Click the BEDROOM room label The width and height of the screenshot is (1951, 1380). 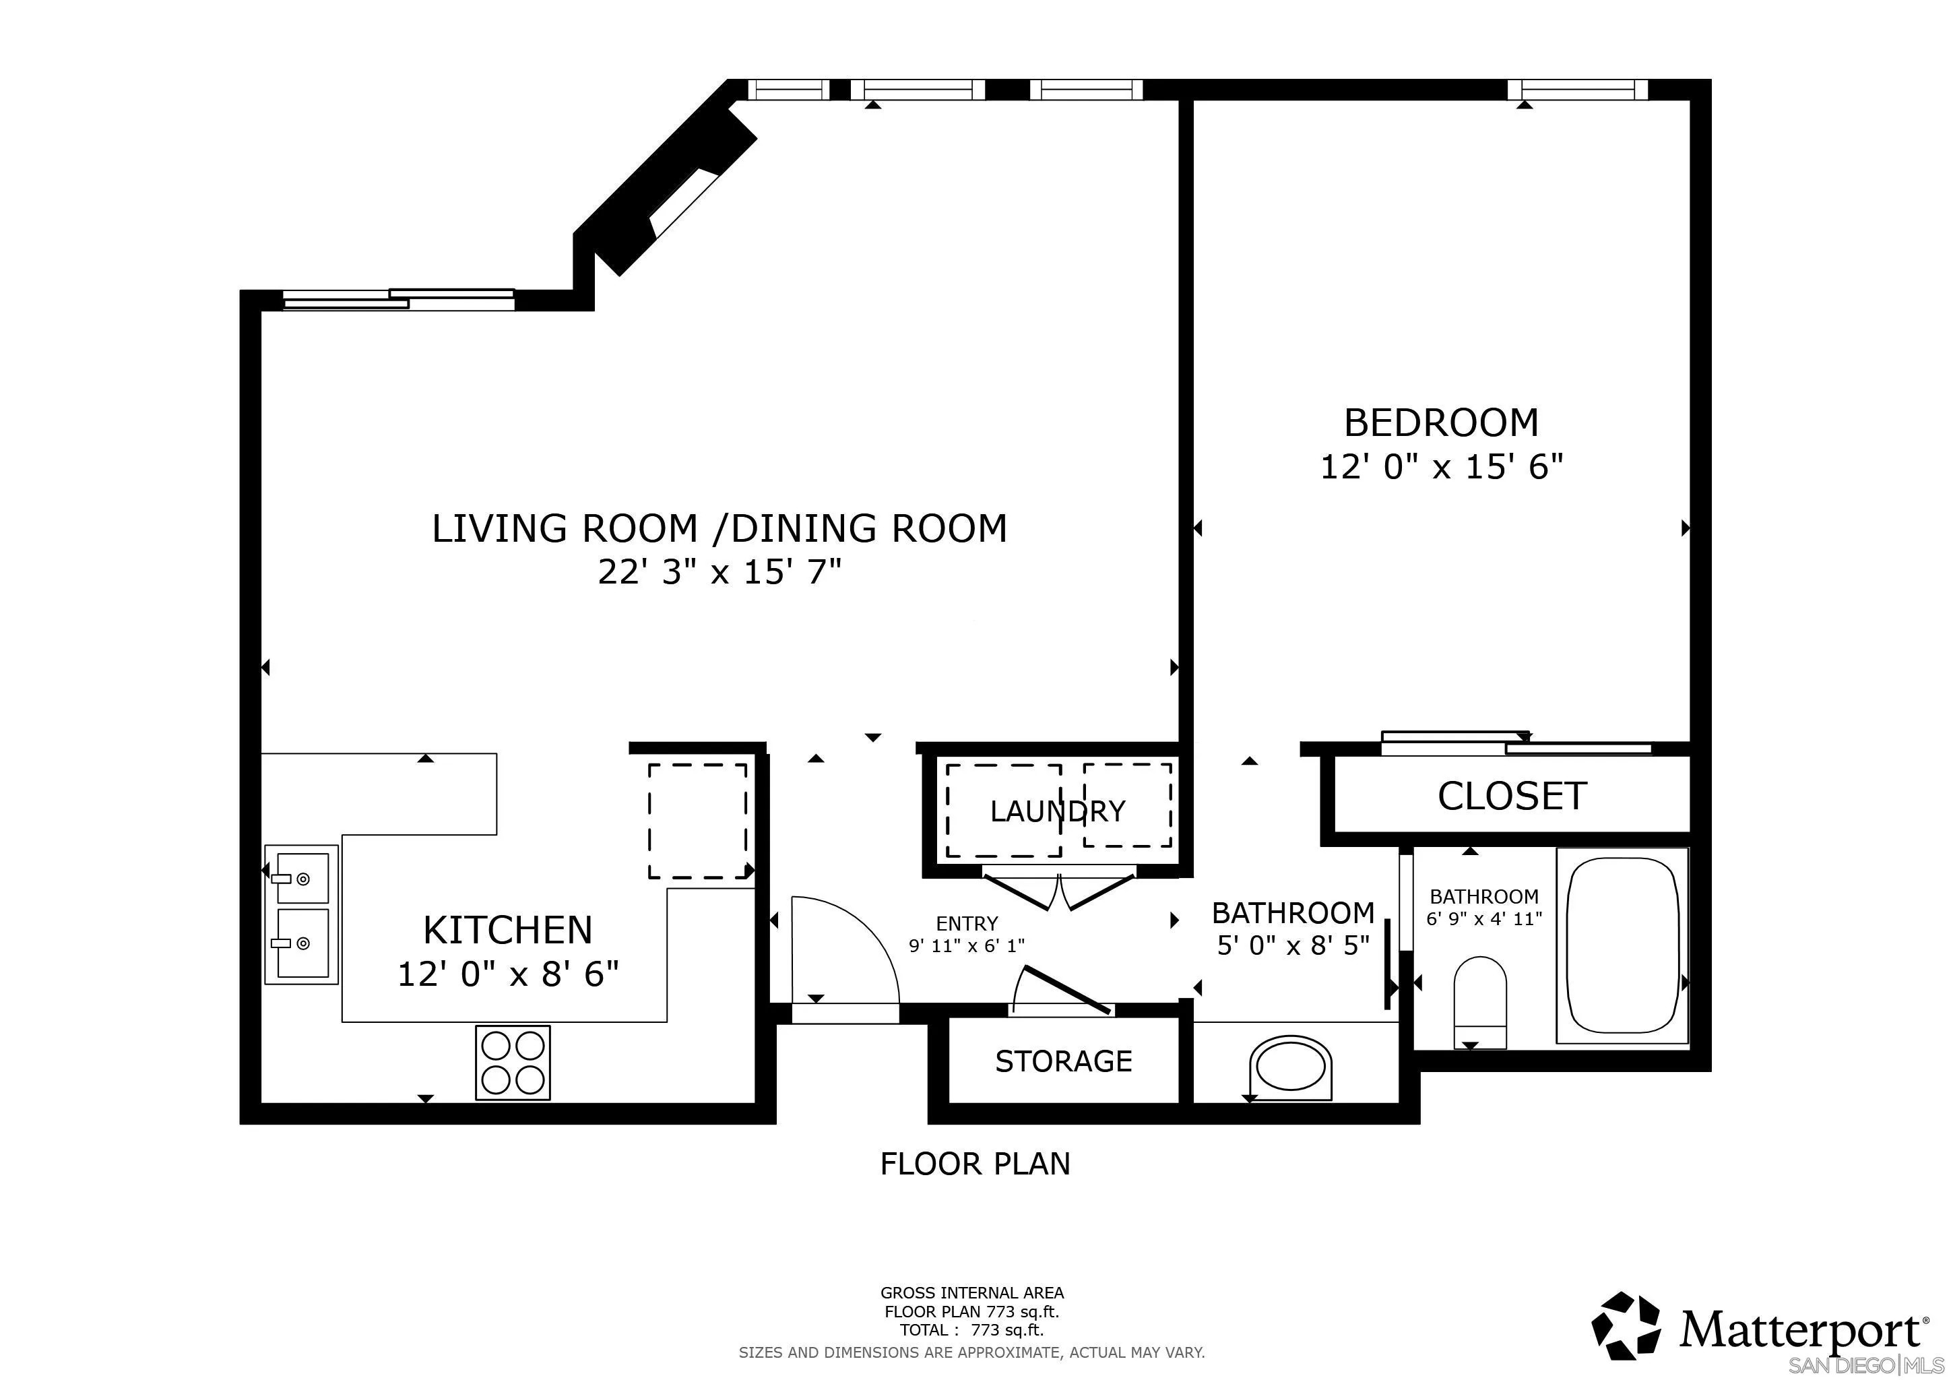click(x=1440, y=422)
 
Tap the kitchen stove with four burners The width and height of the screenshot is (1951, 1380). click(x=513, y=1062)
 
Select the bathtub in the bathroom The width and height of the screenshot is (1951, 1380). click(x=1622, y=945)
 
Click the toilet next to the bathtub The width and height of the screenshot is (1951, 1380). click(x=1479, y=1002)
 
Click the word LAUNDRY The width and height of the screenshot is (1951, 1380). click(x=1057, y=811)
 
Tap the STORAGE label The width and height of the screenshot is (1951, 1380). click(x=1063, y=1061)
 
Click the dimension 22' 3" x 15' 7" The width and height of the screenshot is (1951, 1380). click(x=719, y=572)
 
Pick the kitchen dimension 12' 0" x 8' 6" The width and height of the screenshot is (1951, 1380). click(x=507, y=974)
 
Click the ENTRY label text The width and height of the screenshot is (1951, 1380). click(x=966, y=923)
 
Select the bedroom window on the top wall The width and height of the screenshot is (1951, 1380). click(x=1577, y=89)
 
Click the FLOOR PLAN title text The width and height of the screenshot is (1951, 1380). click(x=975, y=1163)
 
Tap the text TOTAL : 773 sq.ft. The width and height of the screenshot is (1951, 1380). click(x=971, y=1331)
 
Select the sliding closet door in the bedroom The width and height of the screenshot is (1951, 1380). click(x=1516, y=743)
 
